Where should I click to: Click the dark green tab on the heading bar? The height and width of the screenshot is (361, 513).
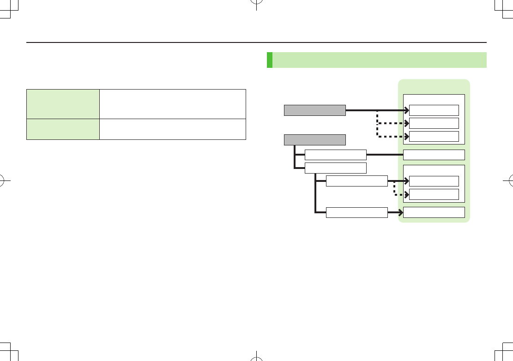click(270, 60)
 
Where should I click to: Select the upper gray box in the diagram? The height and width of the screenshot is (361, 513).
click(314, 110)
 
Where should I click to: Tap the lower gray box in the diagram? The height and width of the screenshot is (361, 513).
click(314, 139)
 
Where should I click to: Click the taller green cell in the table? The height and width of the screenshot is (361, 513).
click(63, 104)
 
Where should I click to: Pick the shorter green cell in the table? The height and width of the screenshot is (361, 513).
click(63, 129)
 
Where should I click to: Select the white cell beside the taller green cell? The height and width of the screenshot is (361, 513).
click(173, 104)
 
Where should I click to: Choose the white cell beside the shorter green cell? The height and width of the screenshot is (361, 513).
click(173, 129)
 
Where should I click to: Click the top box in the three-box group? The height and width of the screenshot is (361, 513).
click(434, 110)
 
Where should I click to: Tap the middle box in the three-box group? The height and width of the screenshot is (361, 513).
click(434, 123)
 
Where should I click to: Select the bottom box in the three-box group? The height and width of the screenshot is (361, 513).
click(434, 136)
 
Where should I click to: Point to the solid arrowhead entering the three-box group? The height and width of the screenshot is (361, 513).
click(406, 110)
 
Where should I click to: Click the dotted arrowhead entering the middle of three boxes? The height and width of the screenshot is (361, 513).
click(406, 123)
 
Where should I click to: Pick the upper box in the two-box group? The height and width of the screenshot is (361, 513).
click(434, 181)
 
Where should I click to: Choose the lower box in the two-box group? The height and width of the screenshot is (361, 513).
click(434, 194)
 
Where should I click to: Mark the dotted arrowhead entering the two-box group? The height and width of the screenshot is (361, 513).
click(406, 194)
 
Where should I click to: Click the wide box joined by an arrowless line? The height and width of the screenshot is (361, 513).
click(434, 155)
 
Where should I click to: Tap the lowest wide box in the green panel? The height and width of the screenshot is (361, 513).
click(434, 212)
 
